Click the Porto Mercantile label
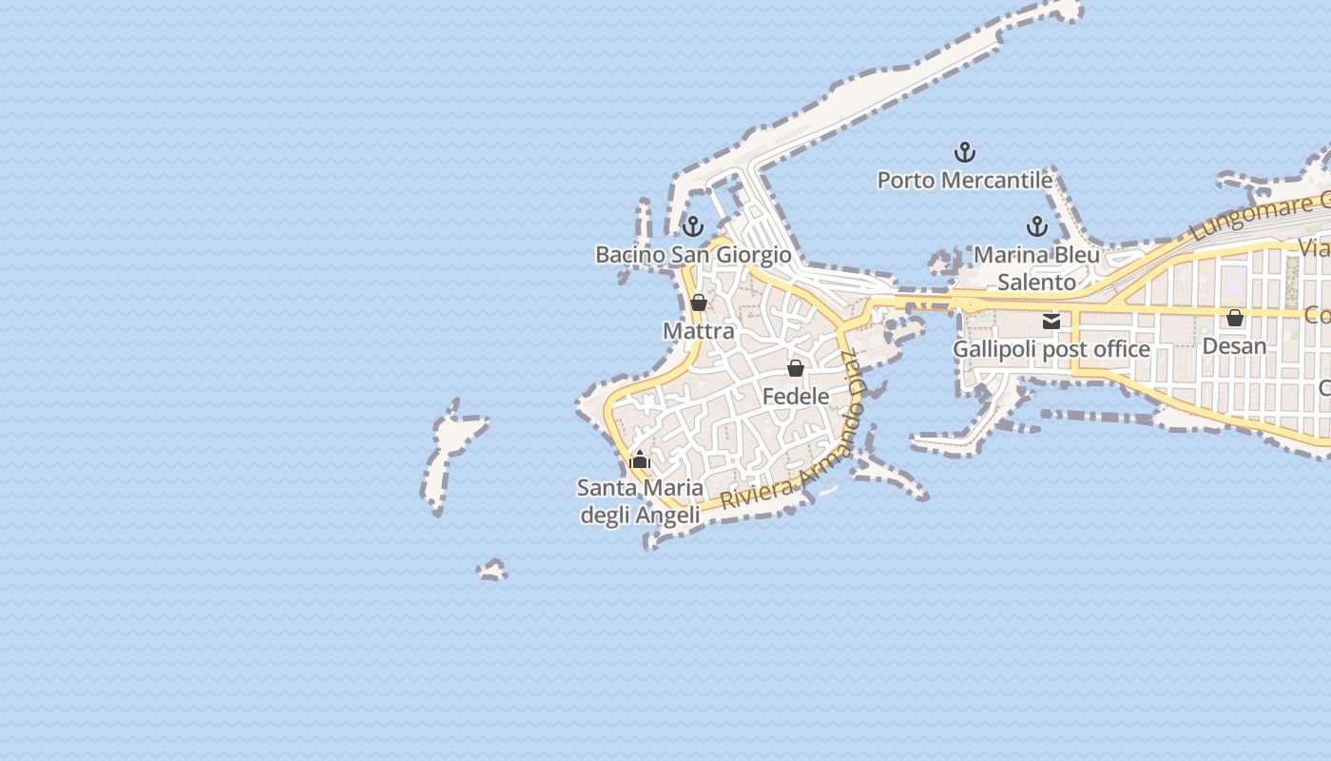964,180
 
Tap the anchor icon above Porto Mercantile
964,152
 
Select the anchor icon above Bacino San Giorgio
693,226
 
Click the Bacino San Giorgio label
693,255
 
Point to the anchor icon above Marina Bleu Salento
1036,226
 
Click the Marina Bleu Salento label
1036,268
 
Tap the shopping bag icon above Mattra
699,302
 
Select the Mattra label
699,331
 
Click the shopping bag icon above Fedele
796,368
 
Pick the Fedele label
796,396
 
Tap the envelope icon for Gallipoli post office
1051,322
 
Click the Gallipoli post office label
1051,349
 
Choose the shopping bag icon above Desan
1235,318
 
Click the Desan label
1235,345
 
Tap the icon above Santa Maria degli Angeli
640,460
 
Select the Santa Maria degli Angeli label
641,501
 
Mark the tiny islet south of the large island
492,571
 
